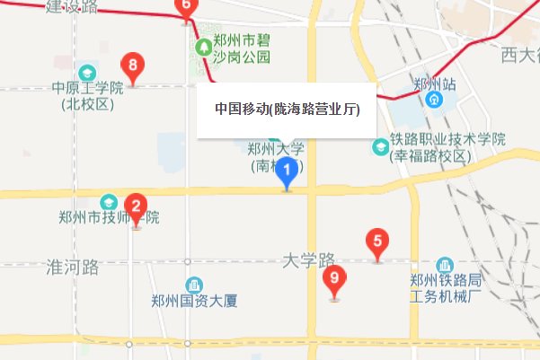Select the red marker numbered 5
click(376, 241)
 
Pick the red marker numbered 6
click(186, 7)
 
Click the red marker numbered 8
click(133, 66)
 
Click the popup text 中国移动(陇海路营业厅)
click(287, 110)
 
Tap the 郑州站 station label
click(434, 83)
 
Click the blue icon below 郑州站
click(434, 99)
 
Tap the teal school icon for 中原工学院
click(87, 72)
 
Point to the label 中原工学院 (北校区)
click(86, 96)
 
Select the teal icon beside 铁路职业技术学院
click(381, 143)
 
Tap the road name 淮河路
click(71, 267)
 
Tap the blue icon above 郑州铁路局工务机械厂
click(445, 267)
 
